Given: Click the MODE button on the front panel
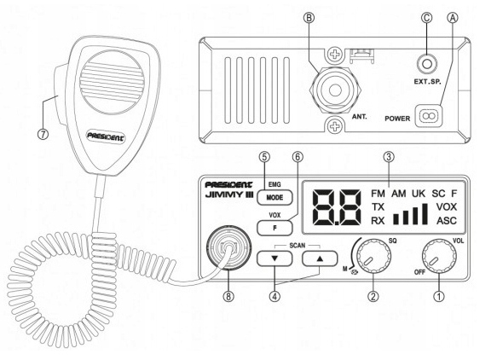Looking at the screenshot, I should [x=276, y=195].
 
